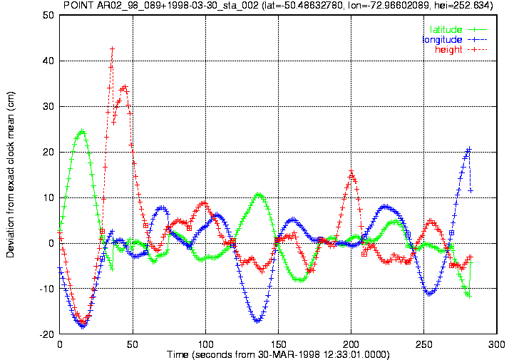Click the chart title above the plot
click(278, 5)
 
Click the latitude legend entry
click(458, 29)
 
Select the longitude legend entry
click(455, 40)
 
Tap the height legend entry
click(461, 49)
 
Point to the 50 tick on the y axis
click(48, 15)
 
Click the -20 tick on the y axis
click(46, 334)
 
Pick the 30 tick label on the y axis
click(48, 106)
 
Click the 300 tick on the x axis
click(497, 344)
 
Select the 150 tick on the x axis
click(278, 344)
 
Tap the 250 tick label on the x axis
click(424, 344)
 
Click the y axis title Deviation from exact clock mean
click(11, 175)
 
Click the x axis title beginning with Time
click(278, 354)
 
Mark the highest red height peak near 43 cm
click(112, 49)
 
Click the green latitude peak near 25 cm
click(82, 132)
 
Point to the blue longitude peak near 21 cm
click(469, 149)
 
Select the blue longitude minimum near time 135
click(257, 321)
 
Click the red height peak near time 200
click(351, 171)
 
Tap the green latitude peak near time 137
click(259, 195)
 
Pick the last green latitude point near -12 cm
click(469, 296)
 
